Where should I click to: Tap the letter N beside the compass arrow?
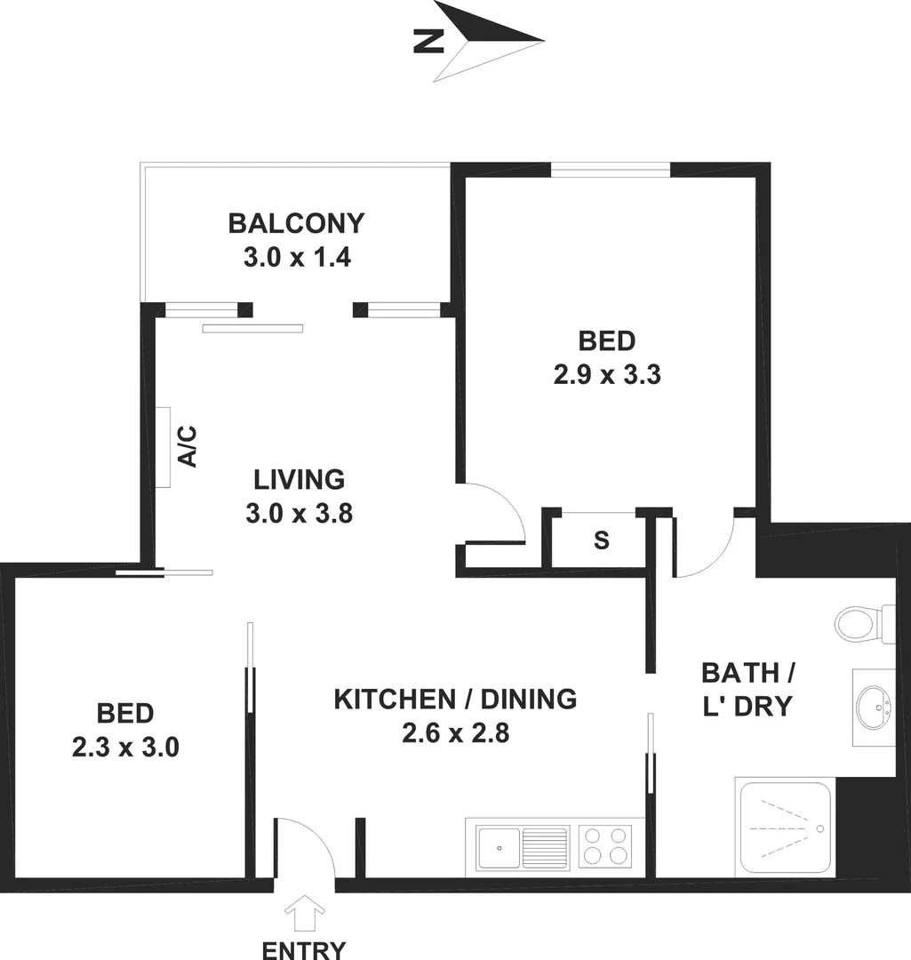coord(428,41)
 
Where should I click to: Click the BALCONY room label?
coord(296,222)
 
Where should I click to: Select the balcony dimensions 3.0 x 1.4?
coord(296,258)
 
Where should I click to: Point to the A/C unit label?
coord(188,447)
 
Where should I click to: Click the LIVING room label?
coord(299,480)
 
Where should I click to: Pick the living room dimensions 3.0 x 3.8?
coord(299,514)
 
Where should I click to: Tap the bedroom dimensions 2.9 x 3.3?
coord(607,374)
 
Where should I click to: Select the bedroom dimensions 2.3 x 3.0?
coord(125,747)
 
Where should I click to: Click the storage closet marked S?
coord(602,540)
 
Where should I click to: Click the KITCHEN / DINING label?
coord(455,700)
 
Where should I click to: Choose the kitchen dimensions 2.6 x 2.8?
coord(455,734)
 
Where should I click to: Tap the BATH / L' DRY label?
coord(746,688)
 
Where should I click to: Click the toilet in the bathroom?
coord(862,622)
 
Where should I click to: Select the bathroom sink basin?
coord(873,708)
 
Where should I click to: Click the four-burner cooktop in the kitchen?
coord(605,845)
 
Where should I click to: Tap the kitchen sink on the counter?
coord(522,846)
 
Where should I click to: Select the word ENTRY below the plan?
coord(304,949)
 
